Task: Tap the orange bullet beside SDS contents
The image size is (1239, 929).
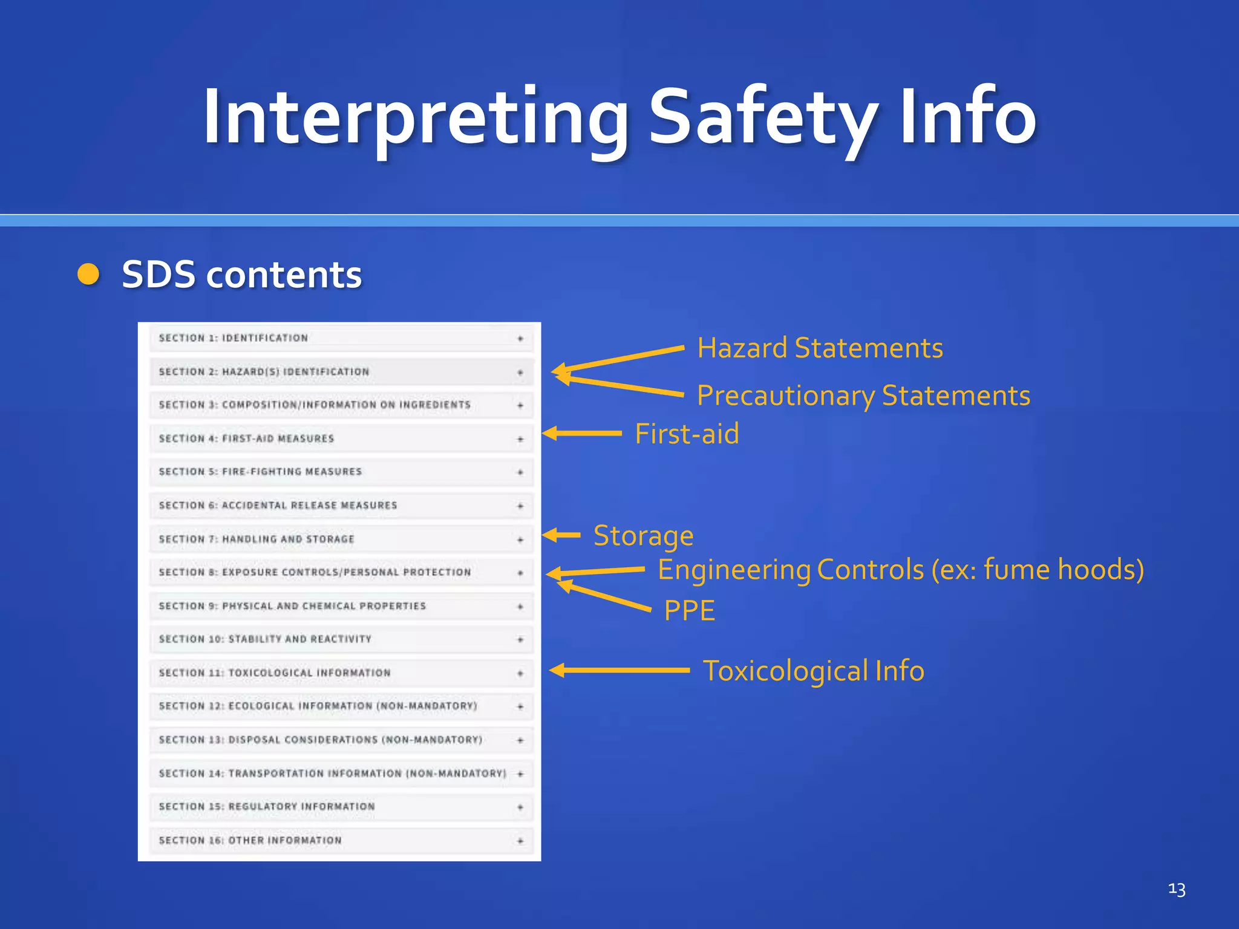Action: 88,274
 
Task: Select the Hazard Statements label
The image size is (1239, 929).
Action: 820,348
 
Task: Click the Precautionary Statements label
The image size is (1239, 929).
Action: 863,396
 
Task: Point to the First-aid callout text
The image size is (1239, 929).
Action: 687,434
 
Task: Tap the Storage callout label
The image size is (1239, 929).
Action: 643,536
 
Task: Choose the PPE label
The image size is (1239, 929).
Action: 689,610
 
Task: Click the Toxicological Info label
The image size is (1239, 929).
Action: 813,671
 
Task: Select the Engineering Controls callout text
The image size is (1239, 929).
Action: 900,570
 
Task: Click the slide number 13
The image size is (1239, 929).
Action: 1176,889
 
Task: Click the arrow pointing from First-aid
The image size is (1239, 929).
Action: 581,433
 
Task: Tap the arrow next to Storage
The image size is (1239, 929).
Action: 561,535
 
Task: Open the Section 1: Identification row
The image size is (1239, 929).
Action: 234,338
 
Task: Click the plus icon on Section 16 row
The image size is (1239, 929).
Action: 520,841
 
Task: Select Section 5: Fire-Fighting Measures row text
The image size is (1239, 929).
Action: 260,472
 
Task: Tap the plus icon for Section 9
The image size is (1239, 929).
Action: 520,607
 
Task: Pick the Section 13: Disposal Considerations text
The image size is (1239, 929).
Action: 320,740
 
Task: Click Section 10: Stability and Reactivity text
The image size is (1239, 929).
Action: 265,639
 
